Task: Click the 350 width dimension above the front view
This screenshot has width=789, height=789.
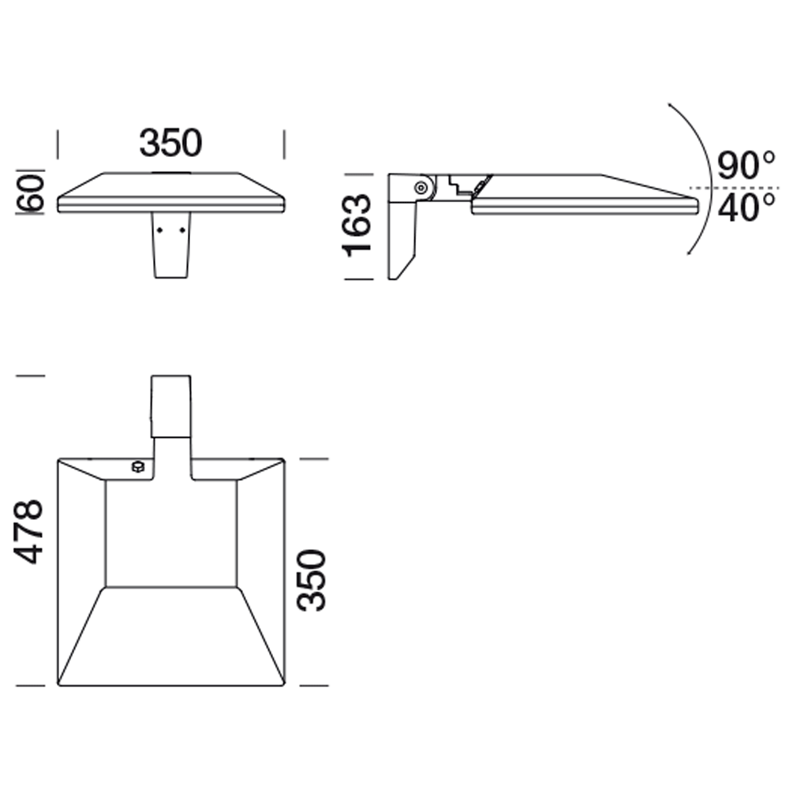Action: pyautogui.click(x=170, y=143)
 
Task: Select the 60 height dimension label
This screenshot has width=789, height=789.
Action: pyautogui.click(x=32, y=193)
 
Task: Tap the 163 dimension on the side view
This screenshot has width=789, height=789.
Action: pyautogui.click(x=357, y=226)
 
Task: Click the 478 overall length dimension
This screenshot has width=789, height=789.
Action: pyautogui.click(x=30, y=531)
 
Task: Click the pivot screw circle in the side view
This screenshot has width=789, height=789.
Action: pyautogui.click(x=421, y=188)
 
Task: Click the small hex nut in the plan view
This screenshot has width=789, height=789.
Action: pyautogui.click(x=137, y=466)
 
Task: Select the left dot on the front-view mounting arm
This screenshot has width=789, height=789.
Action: pyautogui.click(x=160, y=230)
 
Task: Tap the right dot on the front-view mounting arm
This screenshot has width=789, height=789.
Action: pyautogui.click(x=182, y=230)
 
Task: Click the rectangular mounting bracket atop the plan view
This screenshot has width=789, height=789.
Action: pyautogui.click(x=171, y=406)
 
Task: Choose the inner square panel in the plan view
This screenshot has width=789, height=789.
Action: pyautogui.click(x=171, y=533)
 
